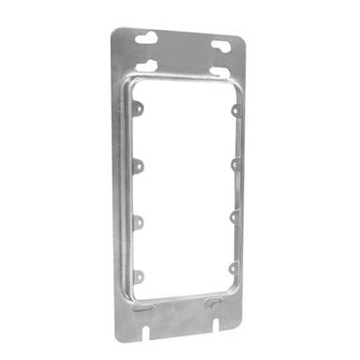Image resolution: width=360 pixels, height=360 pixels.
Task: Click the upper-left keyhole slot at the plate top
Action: [147, 38]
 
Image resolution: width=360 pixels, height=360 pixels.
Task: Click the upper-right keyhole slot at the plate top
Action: [220, 44]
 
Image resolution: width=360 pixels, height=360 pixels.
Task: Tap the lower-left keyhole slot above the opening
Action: [145, 66]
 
